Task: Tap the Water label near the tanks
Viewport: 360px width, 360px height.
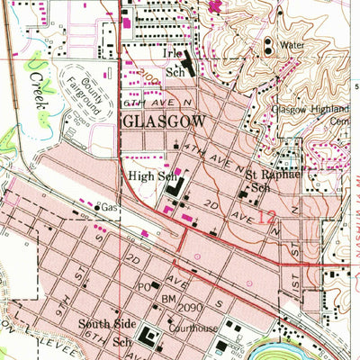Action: [292, 43]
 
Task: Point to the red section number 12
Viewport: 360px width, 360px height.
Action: [266, 217]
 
